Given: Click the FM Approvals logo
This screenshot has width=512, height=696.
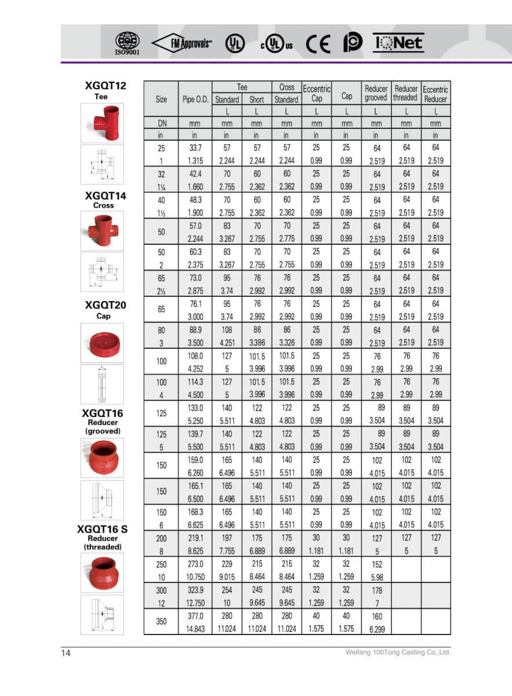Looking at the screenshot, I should (x=182, y=43).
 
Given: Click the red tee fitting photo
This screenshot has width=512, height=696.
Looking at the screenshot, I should (x=102, y=123).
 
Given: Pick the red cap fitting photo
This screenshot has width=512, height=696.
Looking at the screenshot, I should (x=102, y=342).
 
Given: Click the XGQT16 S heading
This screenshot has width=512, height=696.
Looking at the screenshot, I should (x=102, y=529).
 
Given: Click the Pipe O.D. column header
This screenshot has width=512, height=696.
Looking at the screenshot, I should (x=195, y=99).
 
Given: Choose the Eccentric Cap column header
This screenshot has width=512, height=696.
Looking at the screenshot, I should (x=316, y=93).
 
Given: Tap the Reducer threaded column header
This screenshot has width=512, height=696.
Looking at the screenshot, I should (x=405, y=93).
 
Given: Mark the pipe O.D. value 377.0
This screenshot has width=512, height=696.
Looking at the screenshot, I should (x=195, y=616).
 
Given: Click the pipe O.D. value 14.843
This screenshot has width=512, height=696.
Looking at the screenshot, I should (x=195, y=629).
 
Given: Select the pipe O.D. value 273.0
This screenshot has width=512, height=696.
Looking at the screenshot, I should (x=195, y=564).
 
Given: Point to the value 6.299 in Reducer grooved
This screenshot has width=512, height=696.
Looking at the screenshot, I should (x=376, y=629).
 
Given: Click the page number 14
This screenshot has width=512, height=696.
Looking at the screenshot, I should (x=66, y=654).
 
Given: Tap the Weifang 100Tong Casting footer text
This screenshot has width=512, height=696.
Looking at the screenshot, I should (x=397, y=652).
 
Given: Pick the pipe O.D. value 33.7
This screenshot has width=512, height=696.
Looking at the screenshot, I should (x=195, y=148).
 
